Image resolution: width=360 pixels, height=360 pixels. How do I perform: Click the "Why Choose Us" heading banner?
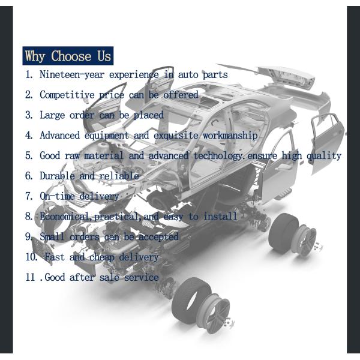68,56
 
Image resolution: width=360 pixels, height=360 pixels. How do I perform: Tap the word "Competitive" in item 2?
67,95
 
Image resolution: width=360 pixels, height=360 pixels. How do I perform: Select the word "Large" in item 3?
52,115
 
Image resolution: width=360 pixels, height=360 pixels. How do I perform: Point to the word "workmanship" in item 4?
230,135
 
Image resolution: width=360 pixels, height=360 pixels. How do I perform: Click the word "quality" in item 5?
324,156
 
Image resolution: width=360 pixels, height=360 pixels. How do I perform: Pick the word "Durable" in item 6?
57,176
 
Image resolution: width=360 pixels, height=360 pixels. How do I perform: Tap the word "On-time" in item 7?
57,196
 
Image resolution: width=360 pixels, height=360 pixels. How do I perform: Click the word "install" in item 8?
220,216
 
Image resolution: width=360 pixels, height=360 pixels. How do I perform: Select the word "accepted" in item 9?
158,237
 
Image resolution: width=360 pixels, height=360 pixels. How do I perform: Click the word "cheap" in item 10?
102,257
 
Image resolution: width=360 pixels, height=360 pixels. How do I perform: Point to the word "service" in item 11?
141,277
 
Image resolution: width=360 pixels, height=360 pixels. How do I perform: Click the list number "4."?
29,135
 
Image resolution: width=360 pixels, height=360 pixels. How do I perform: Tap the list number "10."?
32,257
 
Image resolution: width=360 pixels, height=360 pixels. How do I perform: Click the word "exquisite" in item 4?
176,136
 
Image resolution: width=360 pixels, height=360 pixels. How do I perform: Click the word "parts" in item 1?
215,75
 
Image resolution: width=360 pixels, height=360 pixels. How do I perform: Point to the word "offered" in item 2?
181,95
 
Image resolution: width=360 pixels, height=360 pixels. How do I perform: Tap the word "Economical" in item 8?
64,216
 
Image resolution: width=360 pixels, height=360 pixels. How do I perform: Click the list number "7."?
29,196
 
